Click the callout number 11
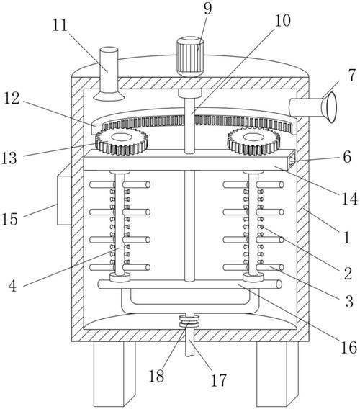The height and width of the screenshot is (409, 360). coord(60,25)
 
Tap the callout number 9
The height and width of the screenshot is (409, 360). coord(207,9)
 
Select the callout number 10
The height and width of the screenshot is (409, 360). coord(282,20)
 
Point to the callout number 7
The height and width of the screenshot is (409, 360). coord(352,75)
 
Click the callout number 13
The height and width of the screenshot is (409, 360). coord(9,158)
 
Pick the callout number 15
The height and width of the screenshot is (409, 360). coord(10,219)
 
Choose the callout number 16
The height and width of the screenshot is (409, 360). coord(348,347)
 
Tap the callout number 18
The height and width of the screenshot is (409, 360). coord(156,376)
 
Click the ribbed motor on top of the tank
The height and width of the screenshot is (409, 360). coord(190,57)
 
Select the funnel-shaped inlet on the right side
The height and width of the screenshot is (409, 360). coord(329,107)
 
